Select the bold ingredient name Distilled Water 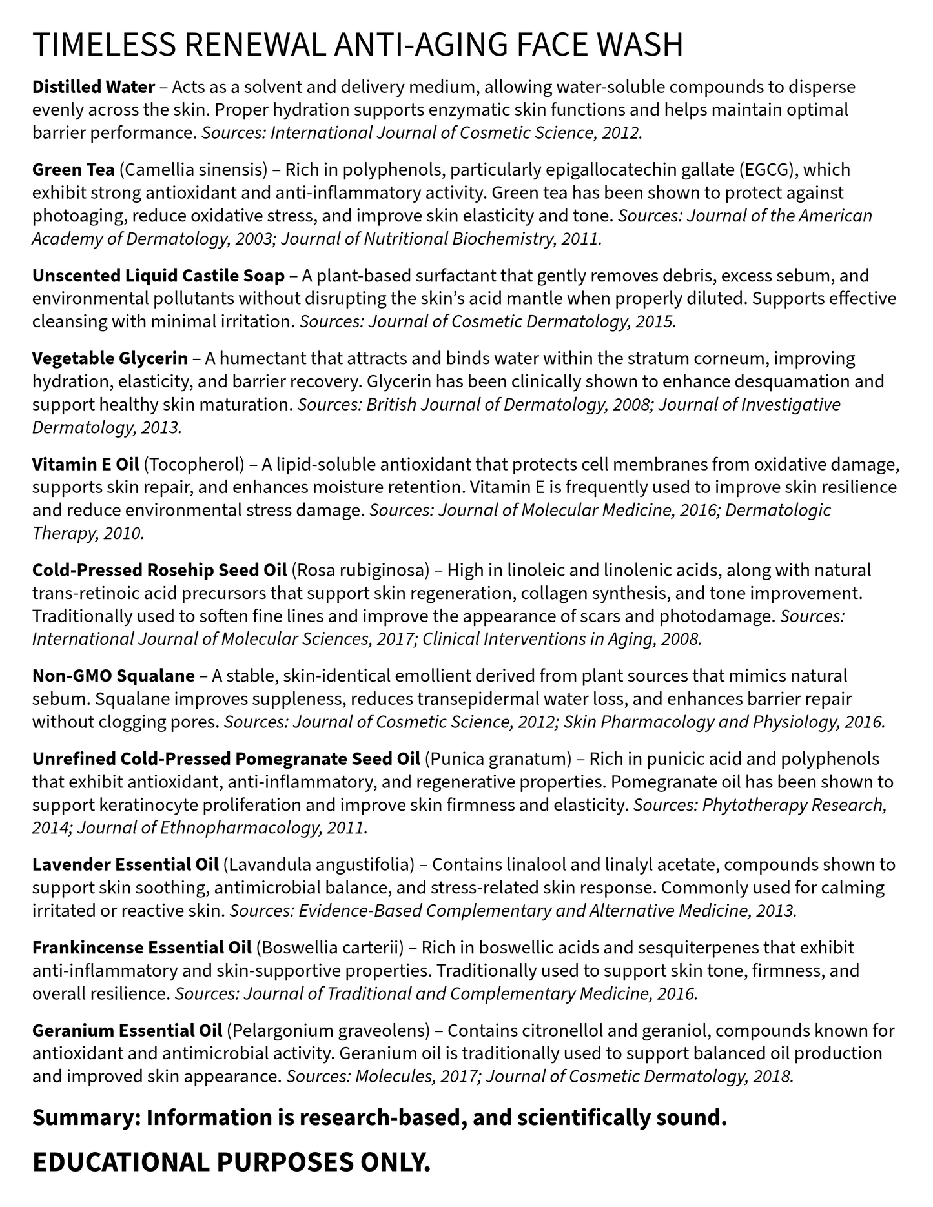tap(94, 86)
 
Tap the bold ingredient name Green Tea tap(74, 170)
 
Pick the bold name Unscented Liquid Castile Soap tap(158, 276)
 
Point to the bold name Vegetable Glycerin tap(110, 358)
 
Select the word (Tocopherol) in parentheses tap(194, 464)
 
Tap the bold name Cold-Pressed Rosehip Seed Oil tap(159, 570)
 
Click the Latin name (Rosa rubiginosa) tap(360, 570)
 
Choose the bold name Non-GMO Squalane tap(114, 676)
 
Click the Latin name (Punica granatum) tap(498, 758)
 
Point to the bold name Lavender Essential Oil tap(126, 864)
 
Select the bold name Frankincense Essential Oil tap(141, 948)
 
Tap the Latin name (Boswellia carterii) tap(330, 948)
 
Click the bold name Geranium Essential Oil tap(127, 1030)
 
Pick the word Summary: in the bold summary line tap(86, 1117)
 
